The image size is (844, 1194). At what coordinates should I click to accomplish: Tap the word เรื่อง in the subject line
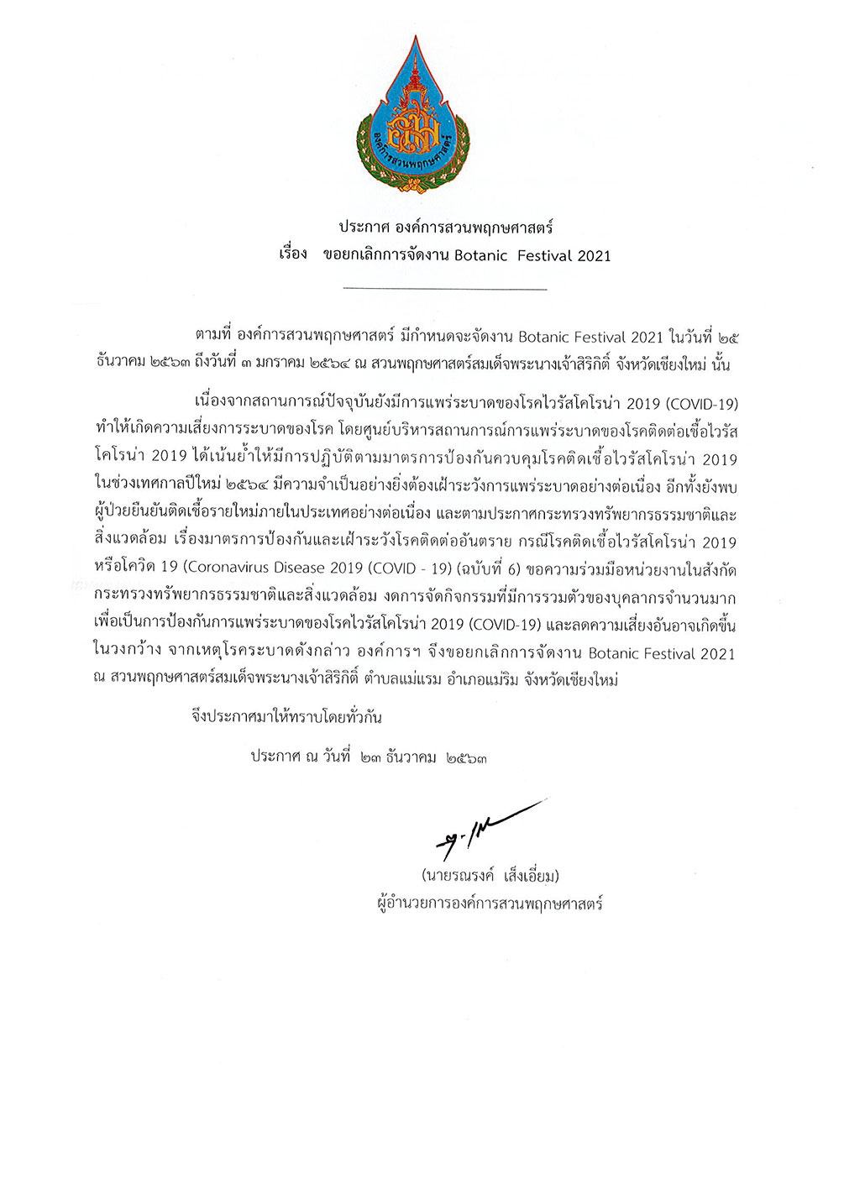[x=293, y=254]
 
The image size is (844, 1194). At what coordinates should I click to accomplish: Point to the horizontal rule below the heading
[x=445, y=290]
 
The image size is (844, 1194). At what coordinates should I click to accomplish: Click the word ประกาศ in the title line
[x=366, y=228]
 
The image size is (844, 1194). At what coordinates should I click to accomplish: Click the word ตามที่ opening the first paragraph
[x=213, y=338]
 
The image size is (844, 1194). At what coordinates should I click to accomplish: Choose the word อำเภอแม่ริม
[x=482, y=680]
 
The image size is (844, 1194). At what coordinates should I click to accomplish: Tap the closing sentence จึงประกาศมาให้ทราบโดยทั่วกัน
[x=286, y=718]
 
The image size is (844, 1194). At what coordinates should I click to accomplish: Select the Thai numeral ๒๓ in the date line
[x=369, y=757]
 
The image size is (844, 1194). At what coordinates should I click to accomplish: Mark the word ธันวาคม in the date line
[x=412, y=757]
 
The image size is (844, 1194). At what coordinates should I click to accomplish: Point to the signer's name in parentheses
[x=490, y=877]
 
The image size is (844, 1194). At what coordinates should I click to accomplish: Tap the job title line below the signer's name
[x=490, y=904]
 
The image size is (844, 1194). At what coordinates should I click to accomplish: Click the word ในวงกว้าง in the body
[x=128, y=652]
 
